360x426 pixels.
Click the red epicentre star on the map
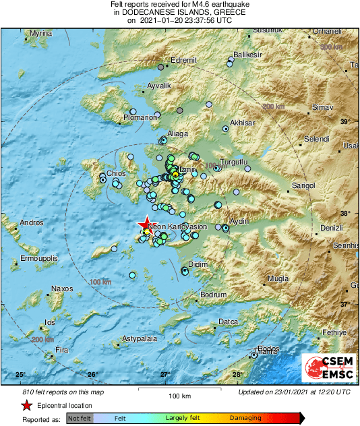(x=146, y=224)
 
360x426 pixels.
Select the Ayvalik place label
(x=160, y=86)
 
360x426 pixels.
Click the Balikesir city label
(x=247, y=54)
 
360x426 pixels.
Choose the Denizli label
(x=331, y=228)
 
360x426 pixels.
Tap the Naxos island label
(x=62, y=288)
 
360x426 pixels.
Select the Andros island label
(x=32, y=222)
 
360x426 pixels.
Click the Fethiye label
(x=334, y=332)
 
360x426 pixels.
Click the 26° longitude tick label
(x=92, y=375)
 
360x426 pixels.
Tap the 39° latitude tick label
(x=345, y=121)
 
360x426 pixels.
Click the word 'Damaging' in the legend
(x=245, y=419)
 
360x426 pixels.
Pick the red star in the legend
(x=26, y=406)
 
